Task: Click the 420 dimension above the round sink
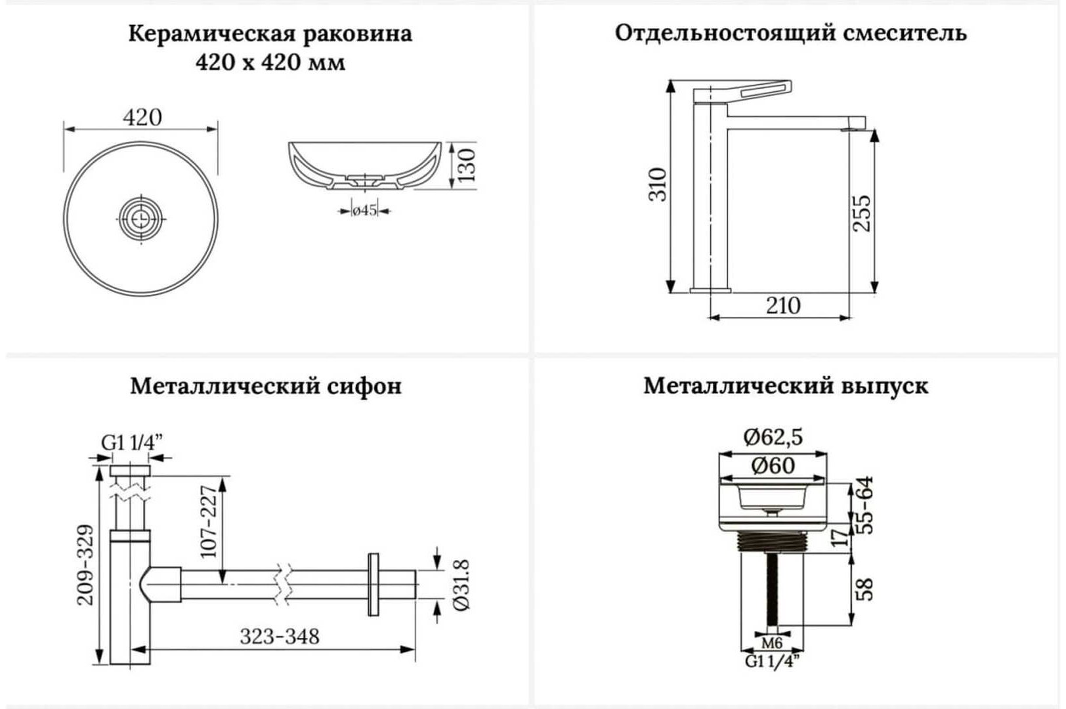[142, 118]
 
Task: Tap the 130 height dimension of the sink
[467, 165]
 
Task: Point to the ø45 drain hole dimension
[364, 210]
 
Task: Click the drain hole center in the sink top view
[141, 219]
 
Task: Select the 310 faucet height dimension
[658, 184]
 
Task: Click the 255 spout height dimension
[861, 213]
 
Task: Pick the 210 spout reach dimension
[783, 305]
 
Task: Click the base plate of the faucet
[710, 290]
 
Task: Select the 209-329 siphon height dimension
[85, 565]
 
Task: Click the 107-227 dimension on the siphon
[208, 521]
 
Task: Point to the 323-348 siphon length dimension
[280, 636]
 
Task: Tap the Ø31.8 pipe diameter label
[461, 585]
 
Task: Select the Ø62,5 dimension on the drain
[773, 437]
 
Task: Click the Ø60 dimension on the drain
[773, 465]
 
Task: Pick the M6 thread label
[772, 643]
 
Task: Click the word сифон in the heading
[364, 387]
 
